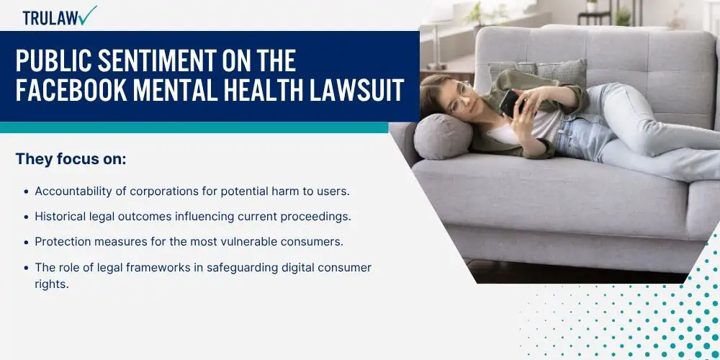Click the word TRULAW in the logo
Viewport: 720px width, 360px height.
(50, 18)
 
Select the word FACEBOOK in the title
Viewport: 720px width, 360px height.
(71, 89)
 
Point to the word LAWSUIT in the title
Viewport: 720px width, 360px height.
(357, 89)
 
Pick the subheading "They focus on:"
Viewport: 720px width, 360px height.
(71, 159)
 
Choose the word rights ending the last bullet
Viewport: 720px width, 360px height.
(50, 284)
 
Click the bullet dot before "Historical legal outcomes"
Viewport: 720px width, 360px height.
(27, 217)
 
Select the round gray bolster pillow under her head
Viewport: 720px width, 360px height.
(443, 136)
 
